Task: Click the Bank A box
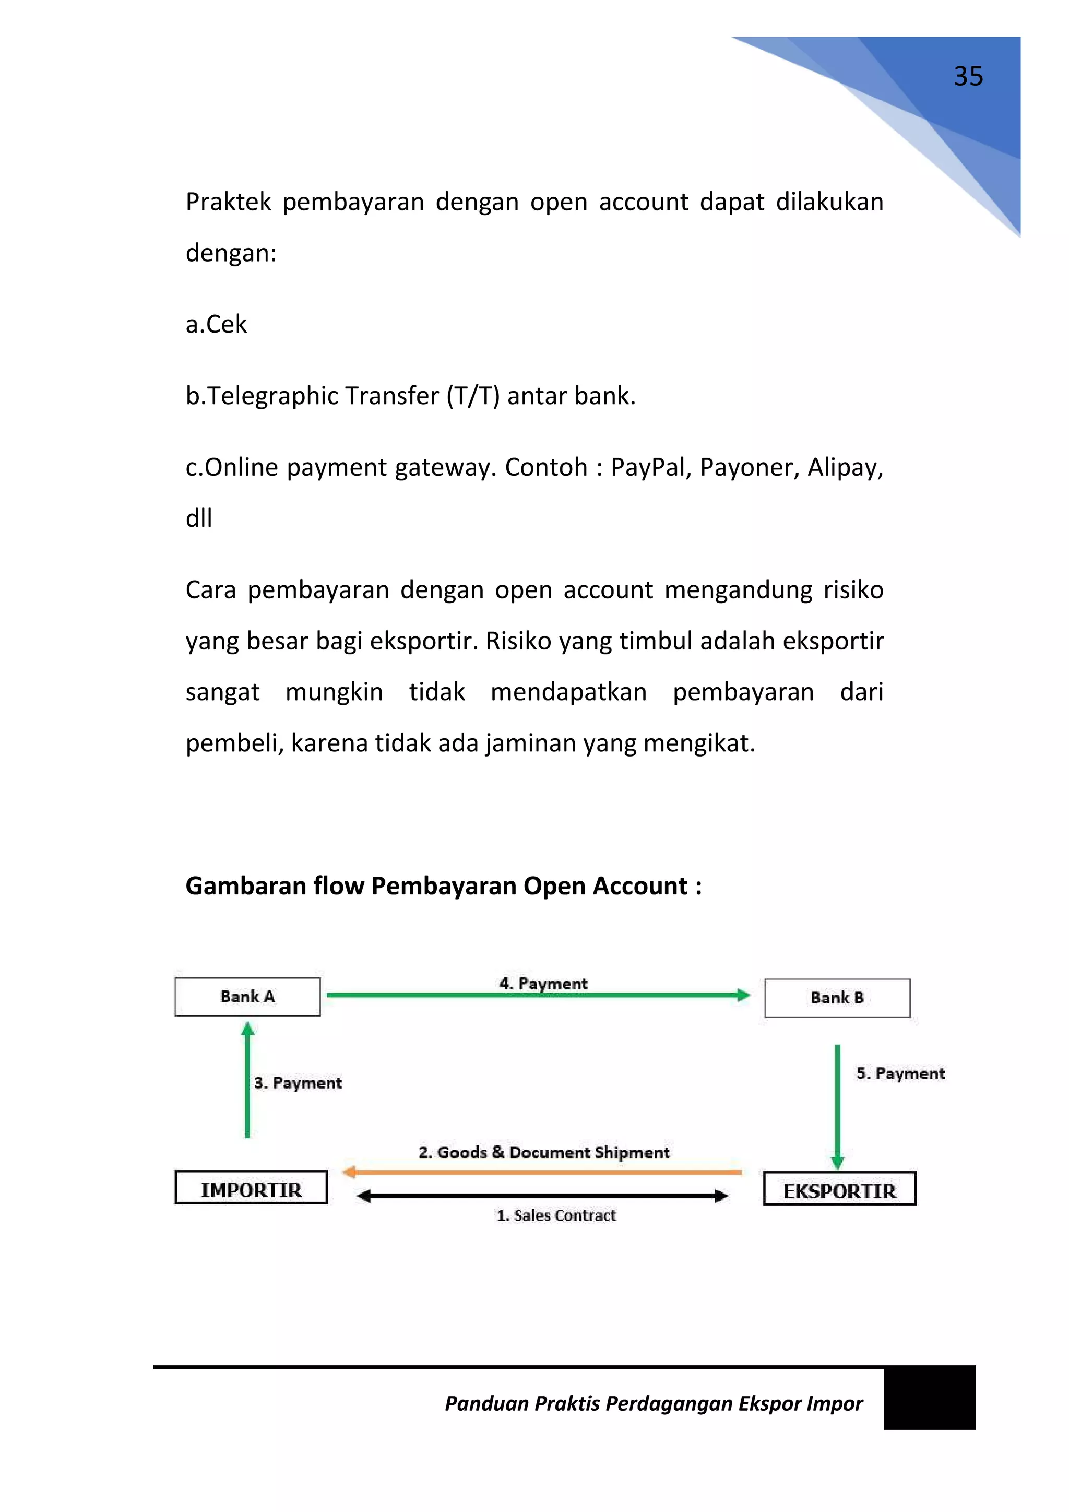point(247,996)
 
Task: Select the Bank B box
point(837,998)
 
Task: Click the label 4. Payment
point(543,983)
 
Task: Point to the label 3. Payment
point(298,1083)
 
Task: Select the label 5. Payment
point(900,1073)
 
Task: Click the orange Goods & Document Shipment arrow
point(542,1172)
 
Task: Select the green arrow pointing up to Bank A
point(247,1080)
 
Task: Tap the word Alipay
point(845,468)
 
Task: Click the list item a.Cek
point(217,325)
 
